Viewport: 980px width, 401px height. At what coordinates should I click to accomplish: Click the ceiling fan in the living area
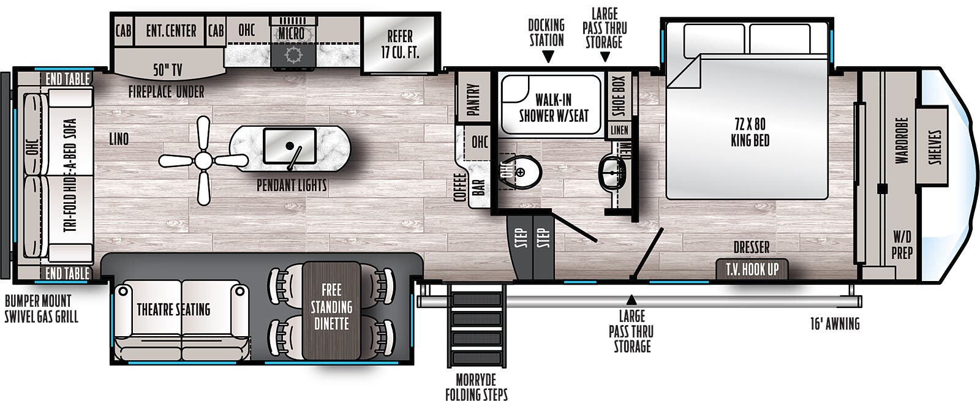click(x=203, y=160)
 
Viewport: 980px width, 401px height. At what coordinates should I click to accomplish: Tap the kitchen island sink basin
click(x=290, y=146)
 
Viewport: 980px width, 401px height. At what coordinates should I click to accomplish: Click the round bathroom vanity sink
click(x=612, y=173)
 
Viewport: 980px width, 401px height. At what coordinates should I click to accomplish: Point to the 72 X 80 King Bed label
click(x=750, y=132)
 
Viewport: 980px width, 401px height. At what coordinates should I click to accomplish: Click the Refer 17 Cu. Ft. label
click(x=400, y=44)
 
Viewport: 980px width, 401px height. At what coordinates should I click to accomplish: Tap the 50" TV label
click(x=168, y=70)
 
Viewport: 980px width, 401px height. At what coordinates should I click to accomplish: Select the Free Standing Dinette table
click(x=331, y=310)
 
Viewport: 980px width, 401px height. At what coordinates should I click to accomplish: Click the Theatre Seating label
click(x=174, y=310)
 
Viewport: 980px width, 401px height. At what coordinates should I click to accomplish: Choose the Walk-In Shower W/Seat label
click(x=554, y=108)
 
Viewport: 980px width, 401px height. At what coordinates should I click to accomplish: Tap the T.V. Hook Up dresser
click(x=752, y=269)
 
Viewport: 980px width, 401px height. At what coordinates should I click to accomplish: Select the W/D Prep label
click(x=902, y=245)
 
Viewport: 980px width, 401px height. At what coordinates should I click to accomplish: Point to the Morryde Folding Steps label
click(x=477, y=387)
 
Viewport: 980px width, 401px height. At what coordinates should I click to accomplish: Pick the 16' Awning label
click(x=835, y=324)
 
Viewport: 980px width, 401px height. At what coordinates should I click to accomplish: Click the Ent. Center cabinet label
click(x=171, y=31)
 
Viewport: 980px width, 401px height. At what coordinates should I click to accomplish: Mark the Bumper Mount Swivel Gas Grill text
click(x=42, y=309)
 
